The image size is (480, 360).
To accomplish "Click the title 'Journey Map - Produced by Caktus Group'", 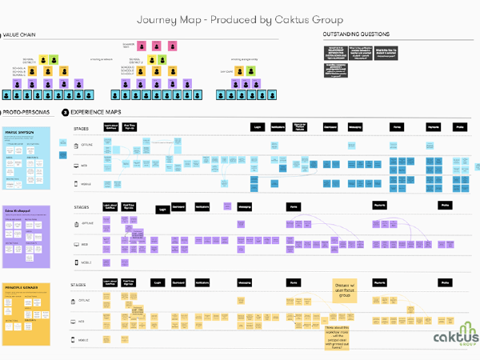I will click(x=239, y=18).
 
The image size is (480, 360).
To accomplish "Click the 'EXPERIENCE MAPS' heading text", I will click(x=99, y=114).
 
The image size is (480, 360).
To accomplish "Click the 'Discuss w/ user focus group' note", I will click(x=346, y=289).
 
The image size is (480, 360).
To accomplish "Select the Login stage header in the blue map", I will click(x=258, y=127).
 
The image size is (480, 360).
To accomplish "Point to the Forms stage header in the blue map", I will click(x=396, y=127).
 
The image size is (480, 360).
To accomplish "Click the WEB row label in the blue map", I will click(x=83, y=166).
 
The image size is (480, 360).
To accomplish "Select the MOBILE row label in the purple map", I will click(x=85, y=262).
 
